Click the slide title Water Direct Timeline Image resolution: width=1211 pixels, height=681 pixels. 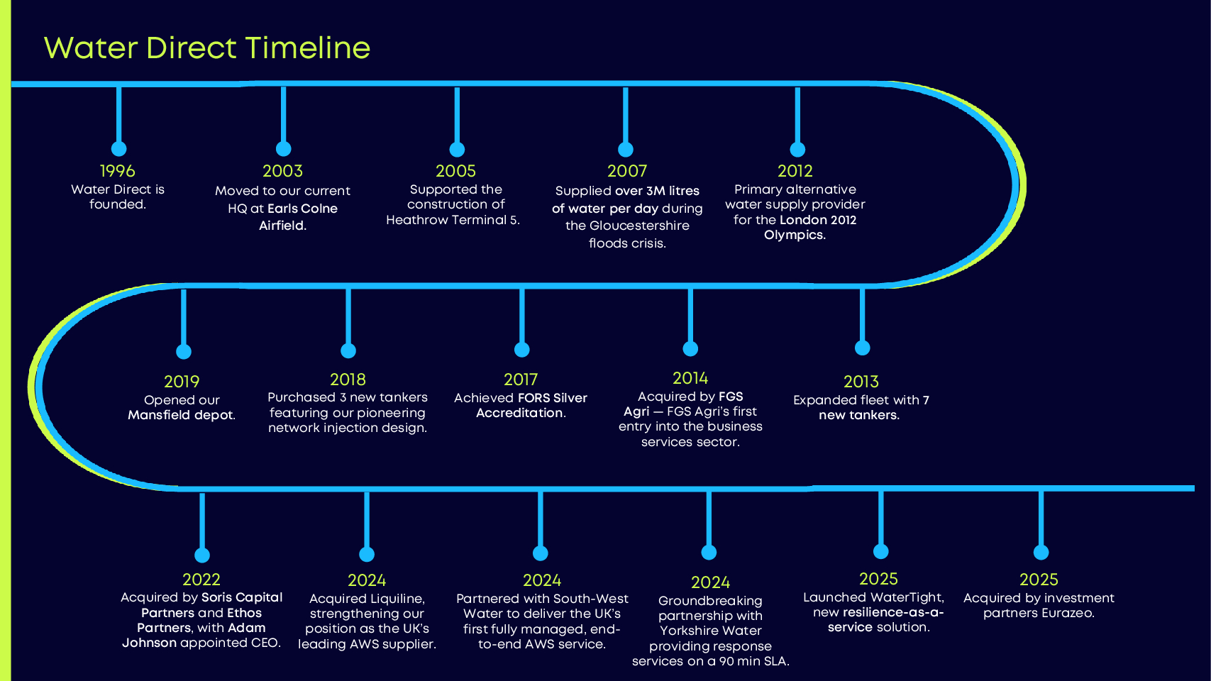click(x=206, y=48)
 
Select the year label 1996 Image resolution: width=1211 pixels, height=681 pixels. click(x=117, y=171)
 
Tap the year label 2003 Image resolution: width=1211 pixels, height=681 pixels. click(x=282, y=171)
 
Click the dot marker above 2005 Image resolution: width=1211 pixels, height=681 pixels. click(x=457, y=150)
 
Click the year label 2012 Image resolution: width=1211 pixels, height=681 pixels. click(x=795, y=171)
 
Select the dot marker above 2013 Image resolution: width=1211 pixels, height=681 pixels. click(x=862, y=348)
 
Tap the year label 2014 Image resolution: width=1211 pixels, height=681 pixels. click(x=690, y=378)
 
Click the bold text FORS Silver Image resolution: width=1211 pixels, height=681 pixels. click(x=553, y=398)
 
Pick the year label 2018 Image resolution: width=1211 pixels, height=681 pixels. click(x=348, y=380)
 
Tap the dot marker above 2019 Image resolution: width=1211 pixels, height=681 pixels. click(x=184, y=352)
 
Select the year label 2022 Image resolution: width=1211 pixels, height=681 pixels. click(x=201, y=580)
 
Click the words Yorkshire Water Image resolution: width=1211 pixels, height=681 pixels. click(x=710, y=631)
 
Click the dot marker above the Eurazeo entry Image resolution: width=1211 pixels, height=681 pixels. click(x=1041, y=553)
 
